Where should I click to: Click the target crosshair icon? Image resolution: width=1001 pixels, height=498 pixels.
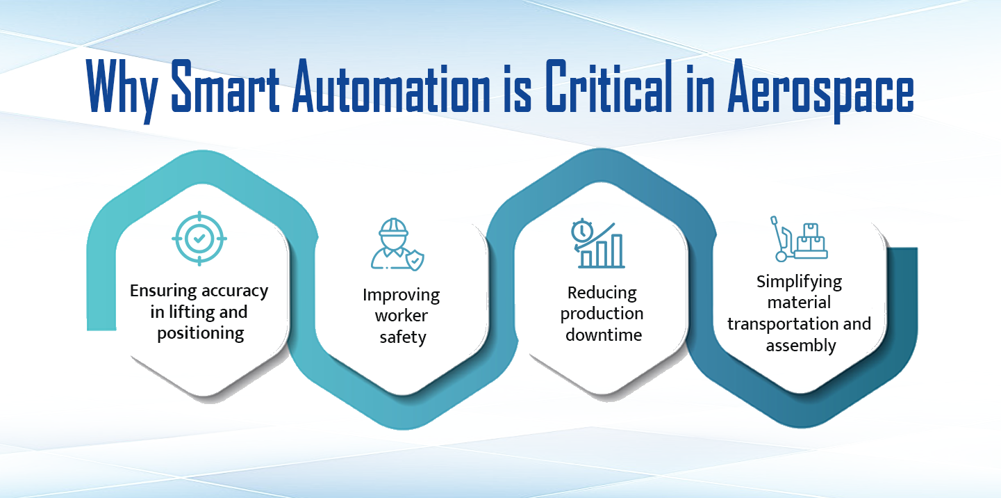(199, 239)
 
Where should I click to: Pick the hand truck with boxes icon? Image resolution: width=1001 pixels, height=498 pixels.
(800, 239)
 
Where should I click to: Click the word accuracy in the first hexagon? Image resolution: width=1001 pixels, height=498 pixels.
(234, 291)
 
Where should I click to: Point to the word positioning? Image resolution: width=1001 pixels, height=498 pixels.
(200, 333)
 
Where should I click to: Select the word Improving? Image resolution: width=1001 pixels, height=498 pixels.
(401, 295)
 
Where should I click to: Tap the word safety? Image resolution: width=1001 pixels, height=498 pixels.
(402, 338)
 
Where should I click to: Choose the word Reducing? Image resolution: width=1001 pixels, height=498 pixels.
(602, 292)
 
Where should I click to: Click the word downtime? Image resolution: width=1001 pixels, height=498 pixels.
(603, 335)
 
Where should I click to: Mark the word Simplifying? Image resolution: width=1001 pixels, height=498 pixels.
(799, 282)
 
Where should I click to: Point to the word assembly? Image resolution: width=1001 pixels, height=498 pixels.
(800, 346)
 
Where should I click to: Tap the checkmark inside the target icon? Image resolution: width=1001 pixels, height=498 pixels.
(199, 239)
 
